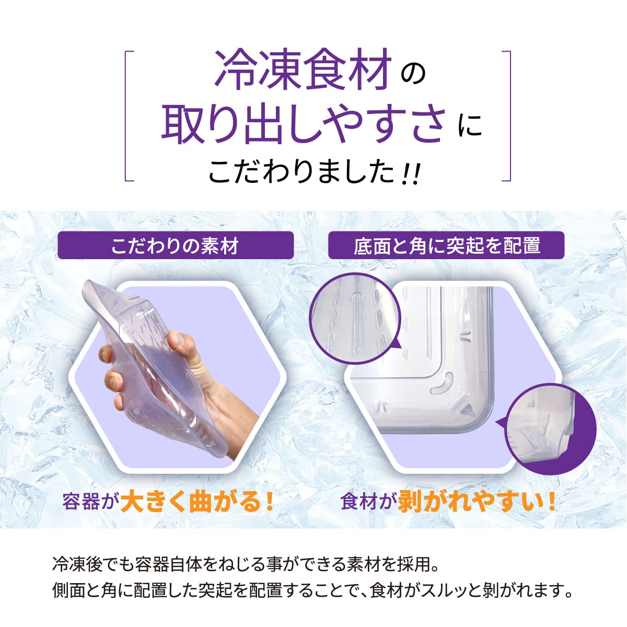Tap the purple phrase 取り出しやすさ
coord(303,124)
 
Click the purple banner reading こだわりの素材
coord(175,246)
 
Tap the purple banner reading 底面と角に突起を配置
coord(446,246)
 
